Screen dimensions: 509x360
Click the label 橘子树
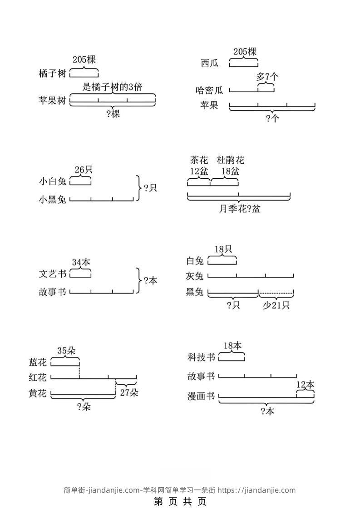(x=53, y=74)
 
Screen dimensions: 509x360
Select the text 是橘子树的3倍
(x=112, y=87)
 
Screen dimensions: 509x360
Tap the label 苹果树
(x=53, y=101)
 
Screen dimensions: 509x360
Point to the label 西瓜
(x=210, y=63)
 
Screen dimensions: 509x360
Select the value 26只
(x=84, y=170)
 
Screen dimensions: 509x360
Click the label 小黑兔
(x=53, y=199)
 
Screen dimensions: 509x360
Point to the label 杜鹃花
(x=231, y=160)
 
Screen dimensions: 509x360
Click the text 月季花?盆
(x=240, y=209)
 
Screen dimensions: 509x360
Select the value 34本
(x=81, y=262)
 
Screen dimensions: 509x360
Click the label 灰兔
(x=195, y=276)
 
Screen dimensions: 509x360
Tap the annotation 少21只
(x=276, y=305)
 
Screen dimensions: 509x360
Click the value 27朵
(x=129, y=392)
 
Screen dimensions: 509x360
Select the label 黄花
(x=38, y=393)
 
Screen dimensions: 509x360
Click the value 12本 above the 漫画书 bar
(x=305, y=385)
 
